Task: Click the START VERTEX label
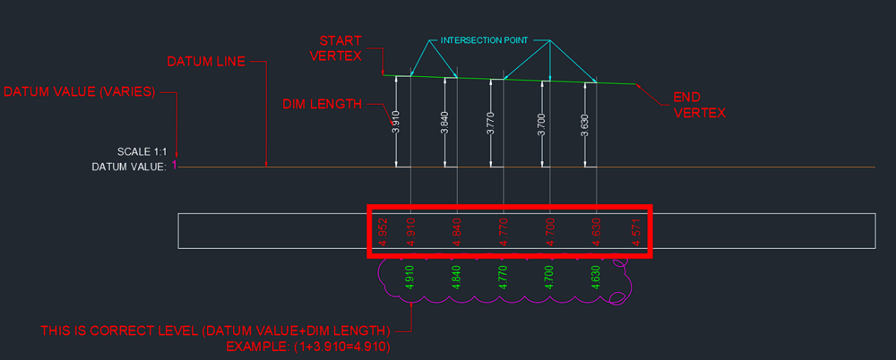340,47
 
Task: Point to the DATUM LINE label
206,61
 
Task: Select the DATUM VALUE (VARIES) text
79,93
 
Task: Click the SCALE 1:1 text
141,152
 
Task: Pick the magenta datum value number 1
175,165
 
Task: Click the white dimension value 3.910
396,122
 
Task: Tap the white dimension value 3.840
444,122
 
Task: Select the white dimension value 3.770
491,122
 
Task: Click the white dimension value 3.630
585,122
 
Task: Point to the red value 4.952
382,232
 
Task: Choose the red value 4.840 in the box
456,232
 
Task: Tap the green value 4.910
408,276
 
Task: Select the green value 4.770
503,276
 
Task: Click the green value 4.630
597,276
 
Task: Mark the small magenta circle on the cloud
617,298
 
